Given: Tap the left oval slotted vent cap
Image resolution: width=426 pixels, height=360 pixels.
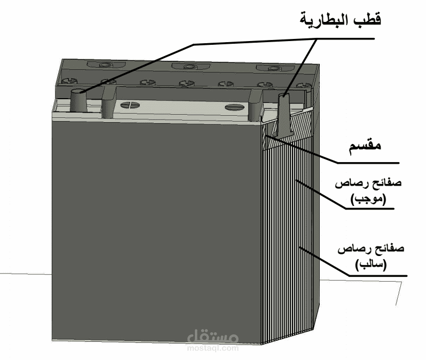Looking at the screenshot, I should tap(131, 105).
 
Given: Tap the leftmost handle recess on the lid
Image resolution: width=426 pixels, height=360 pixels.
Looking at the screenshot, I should tap(104, 64).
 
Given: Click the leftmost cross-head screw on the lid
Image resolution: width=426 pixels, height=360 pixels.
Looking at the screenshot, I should tap(68, 81).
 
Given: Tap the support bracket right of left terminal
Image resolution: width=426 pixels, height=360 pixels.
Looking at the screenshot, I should tap(108, 102).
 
